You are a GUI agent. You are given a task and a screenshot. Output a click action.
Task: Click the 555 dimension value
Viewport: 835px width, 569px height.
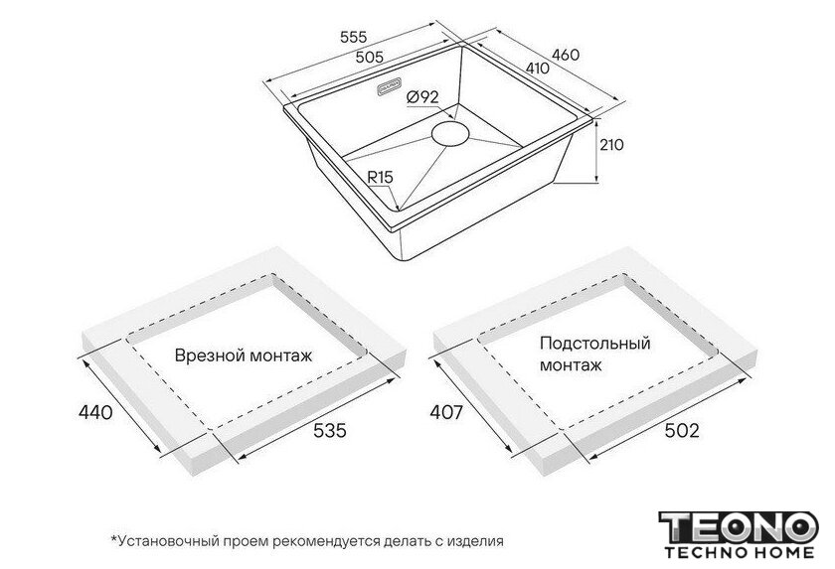pyautogui.click(x=354, y=37)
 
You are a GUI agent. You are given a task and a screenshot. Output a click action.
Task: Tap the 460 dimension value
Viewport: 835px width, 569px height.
pyautogui.click(x=566, y=55)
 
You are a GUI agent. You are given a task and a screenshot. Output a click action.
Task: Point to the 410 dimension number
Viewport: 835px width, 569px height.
pyautogui.click(x=538, y=69)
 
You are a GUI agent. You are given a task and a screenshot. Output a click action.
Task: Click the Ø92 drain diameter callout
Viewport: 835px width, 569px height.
pyautogui.click(x=422, y=96)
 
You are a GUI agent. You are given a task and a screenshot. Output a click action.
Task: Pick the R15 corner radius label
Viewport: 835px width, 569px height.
pyautogui.click(x=380, y=177)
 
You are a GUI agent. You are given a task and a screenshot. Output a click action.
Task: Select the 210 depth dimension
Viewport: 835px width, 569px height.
pyautogui.click(x=611, y=145)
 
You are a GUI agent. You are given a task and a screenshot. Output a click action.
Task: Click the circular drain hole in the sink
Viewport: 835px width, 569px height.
pyautogui.click(x=450, y=132)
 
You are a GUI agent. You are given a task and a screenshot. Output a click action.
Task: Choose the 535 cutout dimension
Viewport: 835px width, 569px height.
pyautogui.click(x=330, y=430)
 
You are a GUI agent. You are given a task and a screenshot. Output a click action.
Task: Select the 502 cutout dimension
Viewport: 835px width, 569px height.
pyautogui.click(x=682, y=430)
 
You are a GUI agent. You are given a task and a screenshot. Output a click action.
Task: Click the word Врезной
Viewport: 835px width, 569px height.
pyautogui.click(x=209, y=356)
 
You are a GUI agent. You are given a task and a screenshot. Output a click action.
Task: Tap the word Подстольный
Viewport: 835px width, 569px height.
pyautogui.click(x=595, y=344)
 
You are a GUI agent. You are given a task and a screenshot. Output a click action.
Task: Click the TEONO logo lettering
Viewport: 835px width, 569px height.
pyautogui.click(x=738, y=528)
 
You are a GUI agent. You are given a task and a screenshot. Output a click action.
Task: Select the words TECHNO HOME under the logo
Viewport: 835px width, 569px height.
pyautogui.click(x=740, y=553)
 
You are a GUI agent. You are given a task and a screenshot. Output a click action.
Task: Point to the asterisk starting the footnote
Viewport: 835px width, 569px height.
pyautogui.click(x=113, y=539)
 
